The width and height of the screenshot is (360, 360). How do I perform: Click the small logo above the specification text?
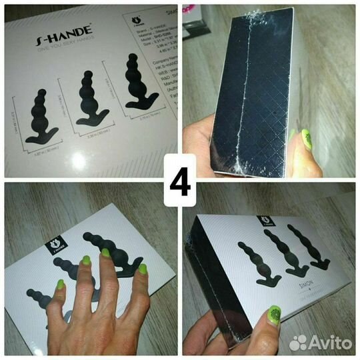pyautogui.click(x=135, y=28)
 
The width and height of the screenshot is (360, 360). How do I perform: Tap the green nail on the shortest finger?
pyautogui.click(x=141, y=269)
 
